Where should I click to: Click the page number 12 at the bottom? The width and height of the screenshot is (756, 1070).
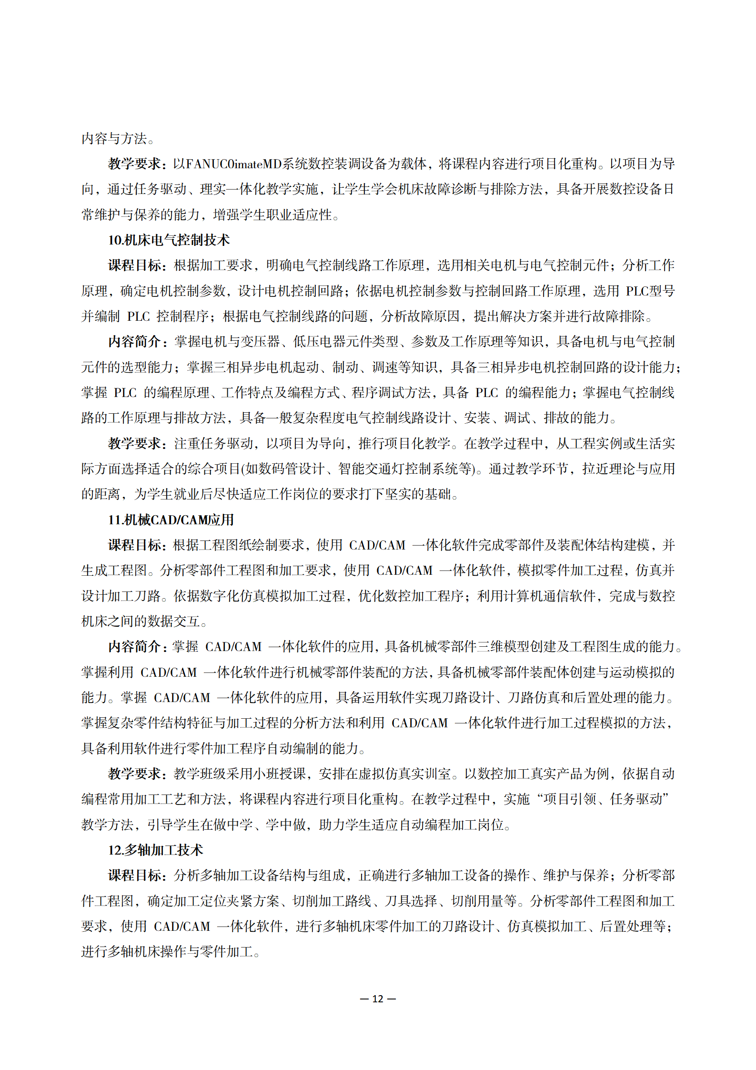point(378,999)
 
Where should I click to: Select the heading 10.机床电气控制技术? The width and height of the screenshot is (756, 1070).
point(169,240)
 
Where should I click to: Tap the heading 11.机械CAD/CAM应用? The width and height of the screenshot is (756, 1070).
point(171,520)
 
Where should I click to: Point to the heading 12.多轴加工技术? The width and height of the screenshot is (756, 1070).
point(155,850)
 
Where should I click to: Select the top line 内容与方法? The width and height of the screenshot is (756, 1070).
point(114,139)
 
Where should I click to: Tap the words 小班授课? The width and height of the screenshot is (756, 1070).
point(279,774)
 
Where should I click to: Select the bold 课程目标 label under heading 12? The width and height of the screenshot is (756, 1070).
point(135,876)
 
